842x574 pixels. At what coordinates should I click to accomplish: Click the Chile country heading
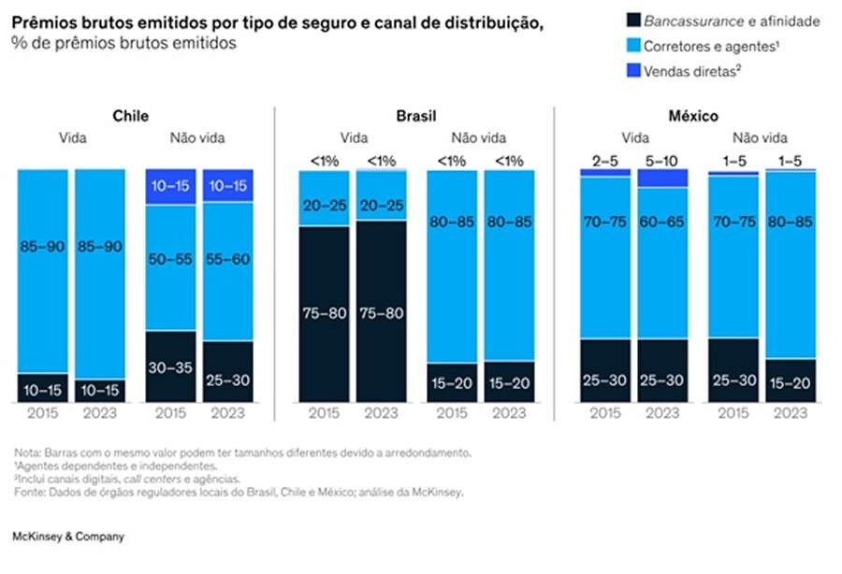tap(130, 117)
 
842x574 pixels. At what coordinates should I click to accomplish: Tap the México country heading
tap(693, 117)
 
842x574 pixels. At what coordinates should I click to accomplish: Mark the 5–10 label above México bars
tap(663, 161)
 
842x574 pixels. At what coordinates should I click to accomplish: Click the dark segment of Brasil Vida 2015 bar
tap(324, 313)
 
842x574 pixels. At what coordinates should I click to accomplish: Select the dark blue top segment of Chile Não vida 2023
tap(227, 186)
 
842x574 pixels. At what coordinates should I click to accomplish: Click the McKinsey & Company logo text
tap(67, 538)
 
